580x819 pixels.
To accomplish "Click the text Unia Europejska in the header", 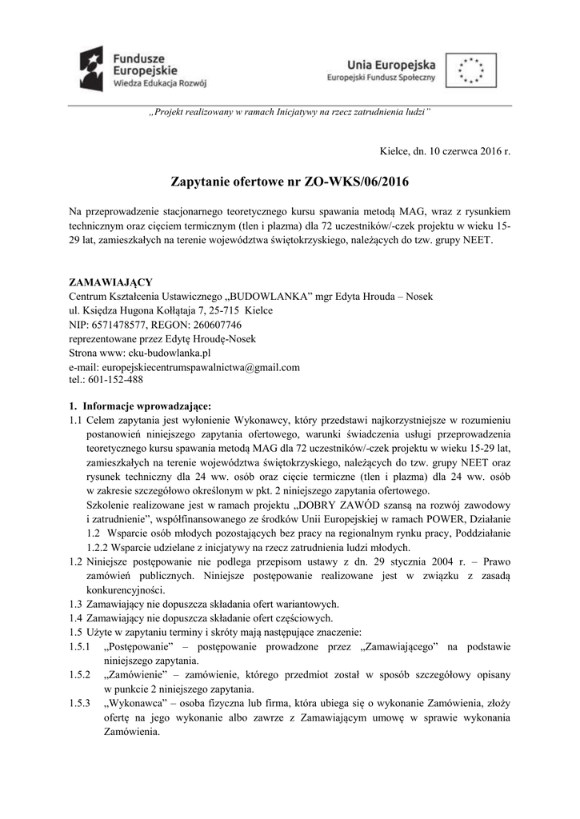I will pos(392,63).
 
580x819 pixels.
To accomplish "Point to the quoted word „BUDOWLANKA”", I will pos(267,296).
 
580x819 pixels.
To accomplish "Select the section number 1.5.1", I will pos(80,646).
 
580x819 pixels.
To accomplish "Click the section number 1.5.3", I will pos(80,702).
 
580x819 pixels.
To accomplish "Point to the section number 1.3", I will pos(76,604).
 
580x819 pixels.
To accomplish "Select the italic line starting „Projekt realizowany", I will pos(290,114).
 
